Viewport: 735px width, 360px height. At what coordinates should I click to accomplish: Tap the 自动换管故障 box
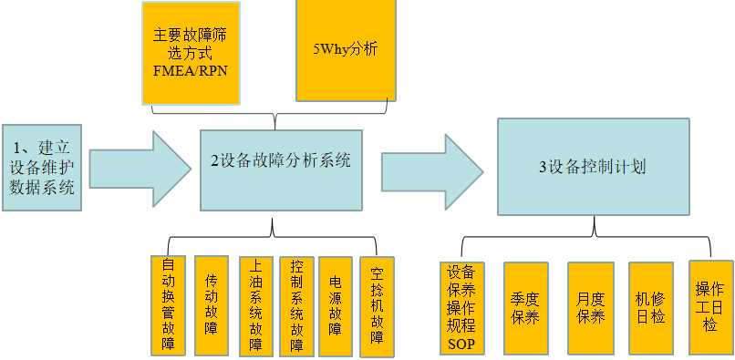pos(168,305)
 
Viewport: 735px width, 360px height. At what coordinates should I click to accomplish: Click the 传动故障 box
pos(212,305)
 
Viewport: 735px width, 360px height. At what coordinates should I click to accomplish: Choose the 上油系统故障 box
pos(255,305)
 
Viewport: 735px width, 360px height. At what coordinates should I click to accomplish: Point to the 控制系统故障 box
pos(296,305)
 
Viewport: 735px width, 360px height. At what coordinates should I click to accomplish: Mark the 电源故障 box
pos(336,305)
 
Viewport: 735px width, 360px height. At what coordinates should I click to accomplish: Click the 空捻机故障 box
pos(378,305)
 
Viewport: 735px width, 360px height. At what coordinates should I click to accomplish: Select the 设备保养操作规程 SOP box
pos(461,308)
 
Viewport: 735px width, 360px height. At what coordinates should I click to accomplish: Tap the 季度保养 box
pos(525,308)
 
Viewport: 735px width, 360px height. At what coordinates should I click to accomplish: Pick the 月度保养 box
pos(590,308)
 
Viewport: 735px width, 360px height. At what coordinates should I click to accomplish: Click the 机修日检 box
pos(651,308)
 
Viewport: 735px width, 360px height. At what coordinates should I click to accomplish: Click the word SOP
pos(461,343)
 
